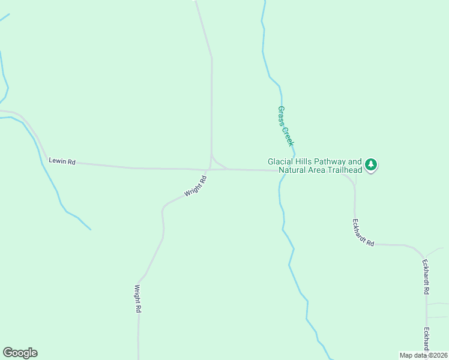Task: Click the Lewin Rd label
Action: (62, 161)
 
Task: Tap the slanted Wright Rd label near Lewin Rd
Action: (196, 185)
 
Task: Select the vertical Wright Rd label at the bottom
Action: (137, 298)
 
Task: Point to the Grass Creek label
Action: (286, 126)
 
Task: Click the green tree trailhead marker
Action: (371, 164)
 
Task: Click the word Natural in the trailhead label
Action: (294, 170)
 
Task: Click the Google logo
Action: (20, 353)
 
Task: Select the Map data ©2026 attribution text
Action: (424, 355)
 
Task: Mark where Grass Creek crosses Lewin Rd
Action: (281, 170)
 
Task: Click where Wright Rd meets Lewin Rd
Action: (208, 169)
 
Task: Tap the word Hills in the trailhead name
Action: (305, 161)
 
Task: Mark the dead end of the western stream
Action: (91, 229)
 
